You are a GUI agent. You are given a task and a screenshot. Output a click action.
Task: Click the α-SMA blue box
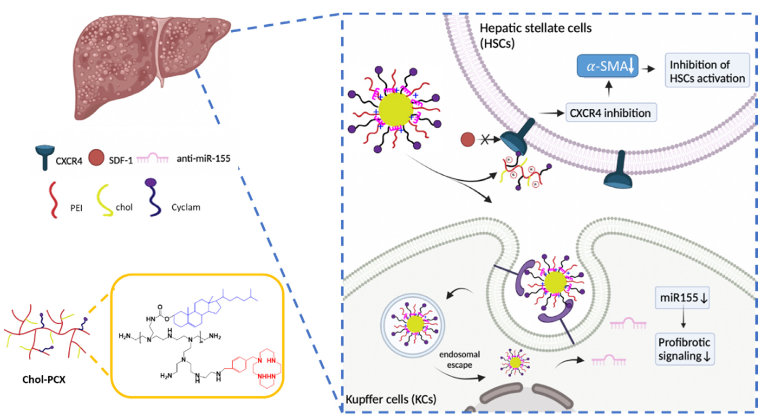[607, 66]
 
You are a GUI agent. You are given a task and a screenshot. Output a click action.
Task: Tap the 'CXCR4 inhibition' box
[611, 113]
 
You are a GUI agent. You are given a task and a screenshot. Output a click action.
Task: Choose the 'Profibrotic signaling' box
[684, 349]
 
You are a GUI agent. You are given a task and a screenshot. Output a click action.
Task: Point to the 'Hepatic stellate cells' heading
[535, 28]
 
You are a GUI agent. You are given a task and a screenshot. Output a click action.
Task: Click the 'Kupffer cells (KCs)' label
[391, 399]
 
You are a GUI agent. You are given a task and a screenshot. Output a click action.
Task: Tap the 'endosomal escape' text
[459, 359]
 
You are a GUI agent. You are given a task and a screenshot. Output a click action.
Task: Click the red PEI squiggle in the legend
[54, 200]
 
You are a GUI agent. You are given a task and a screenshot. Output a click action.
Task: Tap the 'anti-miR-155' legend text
[203, 159]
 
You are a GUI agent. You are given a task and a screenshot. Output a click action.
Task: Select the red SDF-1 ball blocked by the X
[467, 139]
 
